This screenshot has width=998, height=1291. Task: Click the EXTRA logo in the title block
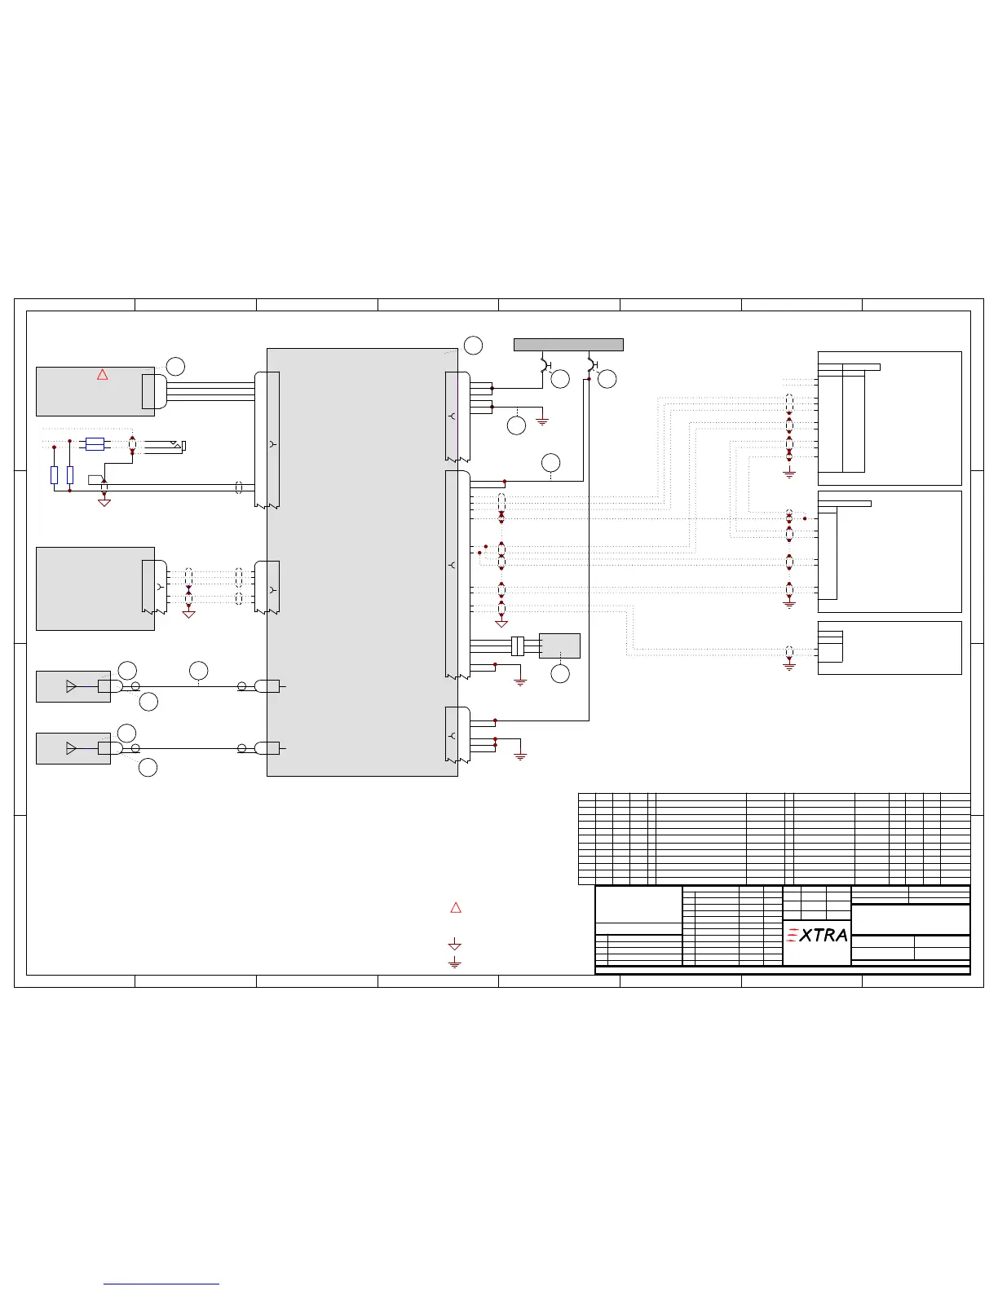pos(817,935)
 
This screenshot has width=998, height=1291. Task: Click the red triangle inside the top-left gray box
pos(102,375)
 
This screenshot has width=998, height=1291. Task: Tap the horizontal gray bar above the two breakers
pos(568,345)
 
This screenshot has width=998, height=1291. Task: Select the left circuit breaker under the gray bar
pos(545,364)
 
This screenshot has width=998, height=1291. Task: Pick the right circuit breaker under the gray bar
pos(592,364)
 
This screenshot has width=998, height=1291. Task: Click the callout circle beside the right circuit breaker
pos(607,379)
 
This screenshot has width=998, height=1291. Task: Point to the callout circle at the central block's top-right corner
pos(473,346)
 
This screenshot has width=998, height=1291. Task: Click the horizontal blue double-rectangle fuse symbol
pos(95,444)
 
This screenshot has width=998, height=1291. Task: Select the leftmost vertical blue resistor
pos(54,474)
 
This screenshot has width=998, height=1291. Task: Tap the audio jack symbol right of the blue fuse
pos(165,446)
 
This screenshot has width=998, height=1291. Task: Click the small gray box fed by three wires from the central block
pos(559,645)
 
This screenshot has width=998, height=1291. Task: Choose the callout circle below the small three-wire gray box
pos(560,674)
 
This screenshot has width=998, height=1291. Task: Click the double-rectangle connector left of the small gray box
pos(518,645)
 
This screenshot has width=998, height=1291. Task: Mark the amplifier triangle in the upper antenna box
pos(71,686)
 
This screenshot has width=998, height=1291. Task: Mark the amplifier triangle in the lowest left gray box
pos(71,748)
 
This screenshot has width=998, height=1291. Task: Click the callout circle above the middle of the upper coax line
pos(198,671)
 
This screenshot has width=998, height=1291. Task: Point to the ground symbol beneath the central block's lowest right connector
pos(520,756)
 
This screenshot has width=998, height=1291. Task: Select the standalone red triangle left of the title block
pos(456,907)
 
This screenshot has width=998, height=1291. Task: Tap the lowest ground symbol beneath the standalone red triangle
pos(455,963)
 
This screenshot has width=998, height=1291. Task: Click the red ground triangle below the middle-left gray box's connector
pos(188,614)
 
